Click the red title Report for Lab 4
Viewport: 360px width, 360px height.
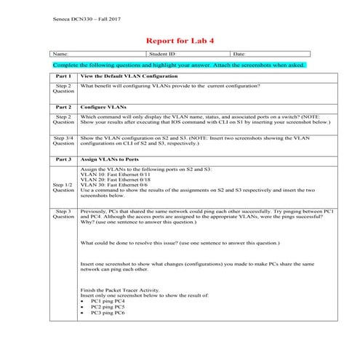click(x=180, y=41)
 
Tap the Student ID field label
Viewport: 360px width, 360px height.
click(x=162, y=54)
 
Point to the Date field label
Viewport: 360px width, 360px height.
click(x=239, y=54)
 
